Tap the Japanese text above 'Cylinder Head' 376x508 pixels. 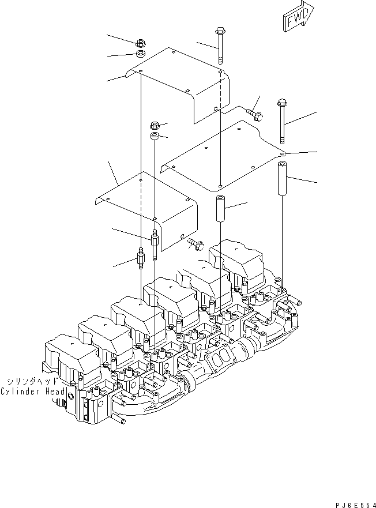[32, 382]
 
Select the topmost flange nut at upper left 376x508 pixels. [140, 43]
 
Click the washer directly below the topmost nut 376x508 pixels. [140, 54]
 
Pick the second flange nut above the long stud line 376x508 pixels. [154, 125]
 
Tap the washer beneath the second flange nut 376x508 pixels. [155, 137]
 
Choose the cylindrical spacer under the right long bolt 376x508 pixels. [283, 179]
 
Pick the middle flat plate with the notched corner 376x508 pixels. [225, 156]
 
